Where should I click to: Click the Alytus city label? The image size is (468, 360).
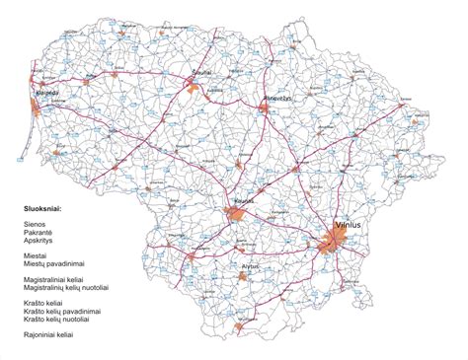[250, 266]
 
